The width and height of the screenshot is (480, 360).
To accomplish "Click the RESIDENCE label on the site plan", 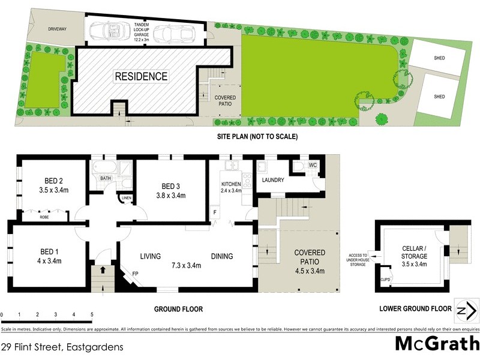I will click(x=141, y=76).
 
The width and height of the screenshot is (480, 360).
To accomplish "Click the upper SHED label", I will click(x=439, y=58).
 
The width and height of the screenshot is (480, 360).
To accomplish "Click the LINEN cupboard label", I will click(x=126, y=198).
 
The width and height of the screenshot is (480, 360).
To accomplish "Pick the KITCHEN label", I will click(x=231, y=184).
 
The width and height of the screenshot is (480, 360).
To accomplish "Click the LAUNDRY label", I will click(x=272, y=180).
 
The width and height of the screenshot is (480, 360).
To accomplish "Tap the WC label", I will click(x=312, y=165).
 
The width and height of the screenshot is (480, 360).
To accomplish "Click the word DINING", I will click(x=221, y=256).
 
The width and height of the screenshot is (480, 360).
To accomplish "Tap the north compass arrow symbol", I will click(x=467, y=311).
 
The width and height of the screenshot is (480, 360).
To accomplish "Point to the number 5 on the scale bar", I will click(x=92, y=314).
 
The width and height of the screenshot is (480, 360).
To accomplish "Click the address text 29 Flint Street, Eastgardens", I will click(x=62, y=347).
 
